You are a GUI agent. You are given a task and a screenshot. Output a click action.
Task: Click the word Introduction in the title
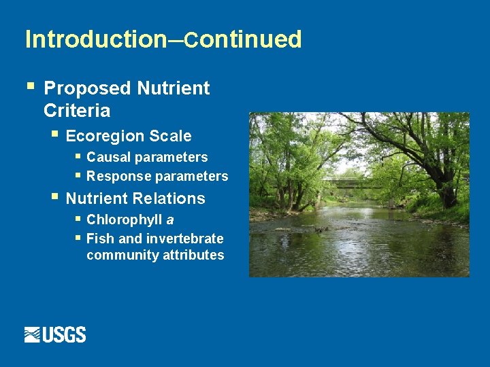[95, 39]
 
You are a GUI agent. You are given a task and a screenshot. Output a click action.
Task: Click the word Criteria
[77, 110]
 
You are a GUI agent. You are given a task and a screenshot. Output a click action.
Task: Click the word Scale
[170, 136]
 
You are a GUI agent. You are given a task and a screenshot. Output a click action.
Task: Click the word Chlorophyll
[125, 220]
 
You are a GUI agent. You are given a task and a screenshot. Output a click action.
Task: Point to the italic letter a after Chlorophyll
[170, 220]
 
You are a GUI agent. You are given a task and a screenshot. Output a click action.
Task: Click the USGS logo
[55, 334]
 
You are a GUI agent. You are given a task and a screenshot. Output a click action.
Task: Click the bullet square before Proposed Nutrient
[29, 87]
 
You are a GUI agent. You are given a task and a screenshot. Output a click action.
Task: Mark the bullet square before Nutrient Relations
[54, 198]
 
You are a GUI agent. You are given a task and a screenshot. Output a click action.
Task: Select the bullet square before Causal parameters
[78, 156]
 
